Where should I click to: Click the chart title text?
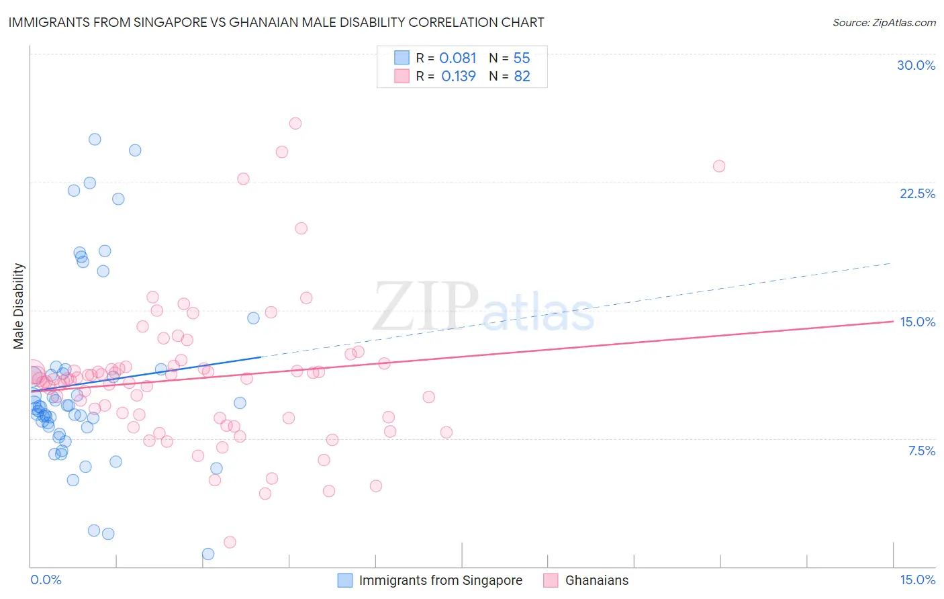click(x=276, y=22)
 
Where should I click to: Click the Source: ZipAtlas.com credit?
click(x=884, y=22)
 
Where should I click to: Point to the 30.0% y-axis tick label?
click(x=916, y=65)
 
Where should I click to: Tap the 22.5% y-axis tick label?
click(x=917, y=193)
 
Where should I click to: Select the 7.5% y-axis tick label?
click(x=921, y=451)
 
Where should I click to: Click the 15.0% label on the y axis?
click(x=917, y=322)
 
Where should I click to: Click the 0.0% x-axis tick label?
click(x=46, y=580)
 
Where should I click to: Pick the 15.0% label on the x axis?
click(x=917, y=580)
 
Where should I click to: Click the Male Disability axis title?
click(x=19, y=306)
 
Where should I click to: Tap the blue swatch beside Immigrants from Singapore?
click(x=344, y=580)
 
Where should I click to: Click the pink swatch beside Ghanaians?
click(x=551, y=580)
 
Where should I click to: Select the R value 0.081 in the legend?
click(x=458, y=58)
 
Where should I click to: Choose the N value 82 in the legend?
click(x=522, y=77)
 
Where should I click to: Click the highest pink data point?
click(x=295, y=124)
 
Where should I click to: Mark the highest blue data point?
click(x=95, y=140)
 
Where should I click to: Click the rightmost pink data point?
click(x=719, y=166)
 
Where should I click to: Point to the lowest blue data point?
click(x=208, y=554)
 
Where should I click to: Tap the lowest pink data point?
click(x=230, y=542)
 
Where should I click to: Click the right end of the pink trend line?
click(x=892, y=322)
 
